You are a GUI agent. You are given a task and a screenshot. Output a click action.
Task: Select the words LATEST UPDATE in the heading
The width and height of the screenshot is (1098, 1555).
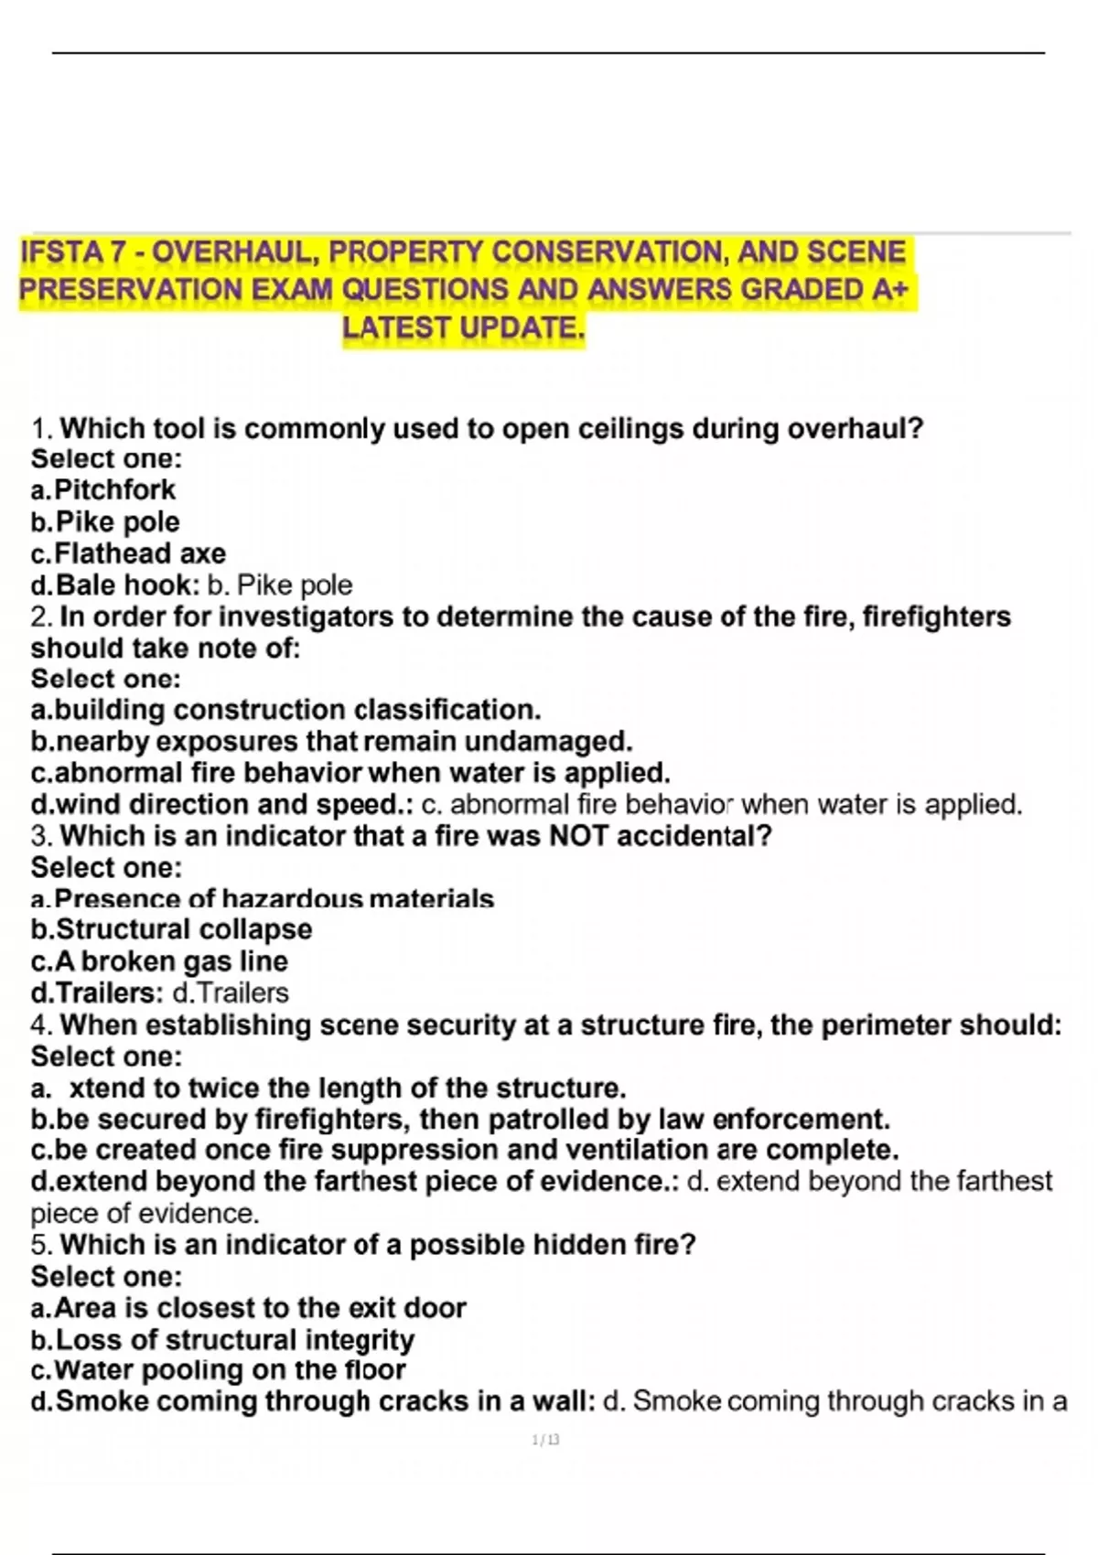click(463, 327)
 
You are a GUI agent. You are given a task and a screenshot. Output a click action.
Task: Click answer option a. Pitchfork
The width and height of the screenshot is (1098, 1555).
click(103, 490)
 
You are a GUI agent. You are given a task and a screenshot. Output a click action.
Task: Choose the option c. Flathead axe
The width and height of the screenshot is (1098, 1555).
click(128, 553)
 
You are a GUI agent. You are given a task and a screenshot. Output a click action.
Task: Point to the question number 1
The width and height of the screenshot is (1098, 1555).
click(41, 429)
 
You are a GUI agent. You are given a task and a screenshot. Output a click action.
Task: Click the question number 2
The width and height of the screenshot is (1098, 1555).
click(41, 617)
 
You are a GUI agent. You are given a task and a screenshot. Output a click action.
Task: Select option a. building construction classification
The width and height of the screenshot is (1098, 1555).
click(285, 710)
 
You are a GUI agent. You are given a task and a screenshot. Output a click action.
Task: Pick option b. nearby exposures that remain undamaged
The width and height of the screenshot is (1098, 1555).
click(331, 741)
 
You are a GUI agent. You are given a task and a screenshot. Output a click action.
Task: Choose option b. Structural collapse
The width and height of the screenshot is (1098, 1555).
click(171, 929)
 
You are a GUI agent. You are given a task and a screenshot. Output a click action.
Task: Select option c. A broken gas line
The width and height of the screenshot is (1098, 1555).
click(159, 961)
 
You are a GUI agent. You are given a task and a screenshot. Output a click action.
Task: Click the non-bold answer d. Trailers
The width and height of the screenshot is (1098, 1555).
click(231, 993)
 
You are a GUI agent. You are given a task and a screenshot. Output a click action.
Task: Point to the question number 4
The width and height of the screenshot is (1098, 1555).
click(41, 1025)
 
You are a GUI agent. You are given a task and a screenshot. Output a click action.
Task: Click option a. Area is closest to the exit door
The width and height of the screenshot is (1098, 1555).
click(248, 1308)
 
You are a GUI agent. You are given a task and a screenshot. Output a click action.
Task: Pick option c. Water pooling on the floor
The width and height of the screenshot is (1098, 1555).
click(218, 1370)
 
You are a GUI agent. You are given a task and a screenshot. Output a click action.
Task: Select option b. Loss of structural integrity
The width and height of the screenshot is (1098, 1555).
click(222, 1340)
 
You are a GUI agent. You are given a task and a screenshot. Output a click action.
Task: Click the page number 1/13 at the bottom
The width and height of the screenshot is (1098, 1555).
click(545, 1441)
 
